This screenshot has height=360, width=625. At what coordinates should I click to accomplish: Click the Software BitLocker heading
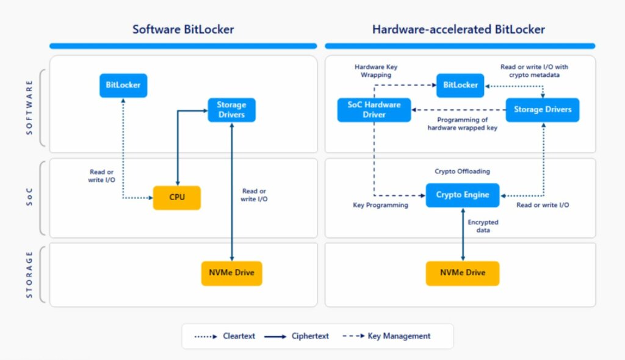pyautogui.click(x=183, y=29)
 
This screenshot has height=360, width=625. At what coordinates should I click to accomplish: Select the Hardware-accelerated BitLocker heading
pyautogui.click(x=458, y=29)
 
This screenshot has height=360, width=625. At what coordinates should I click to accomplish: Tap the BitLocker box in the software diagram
pyautogui.click(x=123, y=85)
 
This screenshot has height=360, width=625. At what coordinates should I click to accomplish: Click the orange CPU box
pyautogui.click(x=177, y=198)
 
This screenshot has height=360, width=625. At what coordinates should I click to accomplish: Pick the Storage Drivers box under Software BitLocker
pyautogui.click(x=231, y=110)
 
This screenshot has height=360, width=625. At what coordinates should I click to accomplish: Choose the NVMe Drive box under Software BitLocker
pyautogui.click(x=231, y=273)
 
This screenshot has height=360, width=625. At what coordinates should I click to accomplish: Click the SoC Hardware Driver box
pyautogui.click(x=374, y=109)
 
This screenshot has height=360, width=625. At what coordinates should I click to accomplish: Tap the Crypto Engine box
pyautogui.click(x=462, y=195)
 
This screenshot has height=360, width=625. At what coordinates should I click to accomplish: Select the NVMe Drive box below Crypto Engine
pyautogui.click(x=462, y=273)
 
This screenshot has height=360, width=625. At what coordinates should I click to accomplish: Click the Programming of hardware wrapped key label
pyautogui.click(x=462, y=124)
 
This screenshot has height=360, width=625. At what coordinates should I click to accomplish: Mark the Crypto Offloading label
pyautogui.click(x=462, y=171)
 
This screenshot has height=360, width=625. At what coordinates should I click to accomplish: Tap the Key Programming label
pyautogui.click(x=380, y=206)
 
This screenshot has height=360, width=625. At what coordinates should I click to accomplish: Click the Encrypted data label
pyautogui.click(x=483, y=226)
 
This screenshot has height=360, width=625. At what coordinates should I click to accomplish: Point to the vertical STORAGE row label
pyautogui.click(x=29, y=273)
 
